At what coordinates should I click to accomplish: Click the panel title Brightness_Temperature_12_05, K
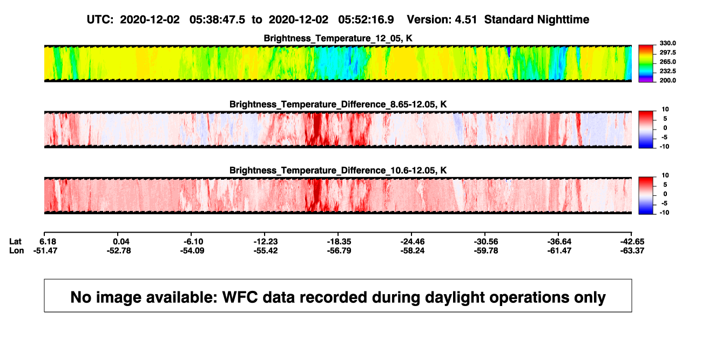(338, 38)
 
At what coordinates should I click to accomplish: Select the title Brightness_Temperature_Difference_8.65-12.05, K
(338, 104)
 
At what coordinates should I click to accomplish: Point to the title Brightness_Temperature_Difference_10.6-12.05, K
(338, 171)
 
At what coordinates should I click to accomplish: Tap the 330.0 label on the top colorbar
(667, 43)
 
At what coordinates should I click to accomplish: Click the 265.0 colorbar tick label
(667, 62)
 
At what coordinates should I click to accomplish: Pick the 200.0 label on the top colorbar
(667, 80)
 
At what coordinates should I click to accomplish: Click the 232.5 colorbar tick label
(667, 71)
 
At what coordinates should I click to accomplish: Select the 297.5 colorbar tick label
(667, 52)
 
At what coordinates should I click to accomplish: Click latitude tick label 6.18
(48, 242)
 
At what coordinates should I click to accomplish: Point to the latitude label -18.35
(339, 242)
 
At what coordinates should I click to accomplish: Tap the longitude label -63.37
(632, 250)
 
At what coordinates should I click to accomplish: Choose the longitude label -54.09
(192, 250)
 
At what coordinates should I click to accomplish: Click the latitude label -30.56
(486, 242)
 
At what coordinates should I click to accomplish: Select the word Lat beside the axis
(15, 242)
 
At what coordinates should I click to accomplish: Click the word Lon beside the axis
(17, 250)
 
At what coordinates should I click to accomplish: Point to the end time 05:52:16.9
(366, 20)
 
